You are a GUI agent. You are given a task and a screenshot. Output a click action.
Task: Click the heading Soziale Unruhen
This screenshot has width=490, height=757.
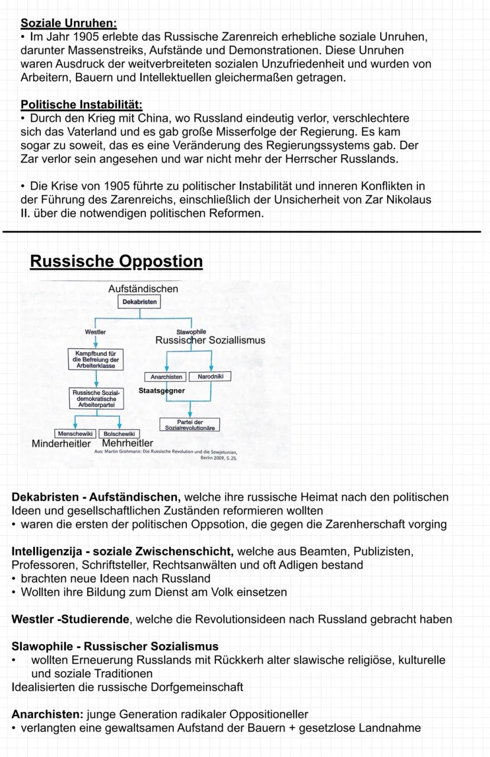69,24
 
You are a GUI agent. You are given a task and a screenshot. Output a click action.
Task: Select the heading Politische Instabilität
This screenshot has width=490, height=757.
81,105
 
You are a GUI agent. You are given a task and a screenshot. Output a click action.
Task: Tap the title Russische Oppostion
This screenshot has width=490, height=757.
116,261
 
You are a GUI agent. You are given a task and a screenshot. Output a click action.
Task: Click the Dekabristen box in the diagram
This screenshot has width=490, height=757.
140,302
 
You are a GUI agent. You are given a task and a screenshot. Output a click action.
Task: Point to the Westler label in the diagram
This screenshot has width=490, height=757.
95,332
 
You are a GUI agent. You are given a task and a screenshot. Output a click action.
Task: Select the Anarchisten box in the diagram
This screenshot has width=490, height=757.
166,377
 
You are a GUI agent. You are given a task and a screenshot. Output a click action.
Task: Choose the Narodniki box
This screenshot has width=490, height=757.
209,377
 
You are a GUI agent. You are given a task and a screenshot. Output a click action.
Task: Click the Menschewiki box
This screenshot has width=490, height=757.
75,434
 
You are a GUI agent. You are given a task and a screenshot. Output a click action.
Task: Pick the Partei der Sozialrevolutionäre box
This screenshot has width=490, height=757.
189,424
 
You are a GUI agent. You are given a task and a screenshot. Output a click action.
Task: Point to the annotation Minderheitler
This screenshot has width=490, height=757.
61,444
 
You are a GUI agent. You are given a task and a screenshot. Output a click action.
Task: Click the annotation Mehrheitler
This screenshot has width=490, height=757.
127,443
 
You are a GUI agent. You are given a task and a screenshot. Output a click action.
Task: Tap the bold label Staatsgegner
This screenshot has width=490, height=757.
162,391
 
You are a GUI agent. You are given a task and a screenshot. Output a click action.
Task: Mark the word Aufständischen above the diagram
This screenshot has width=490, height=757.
143,289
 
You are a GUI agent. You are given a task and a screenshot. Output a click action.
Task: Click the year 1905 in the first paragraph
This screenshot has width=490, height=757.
76,37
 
